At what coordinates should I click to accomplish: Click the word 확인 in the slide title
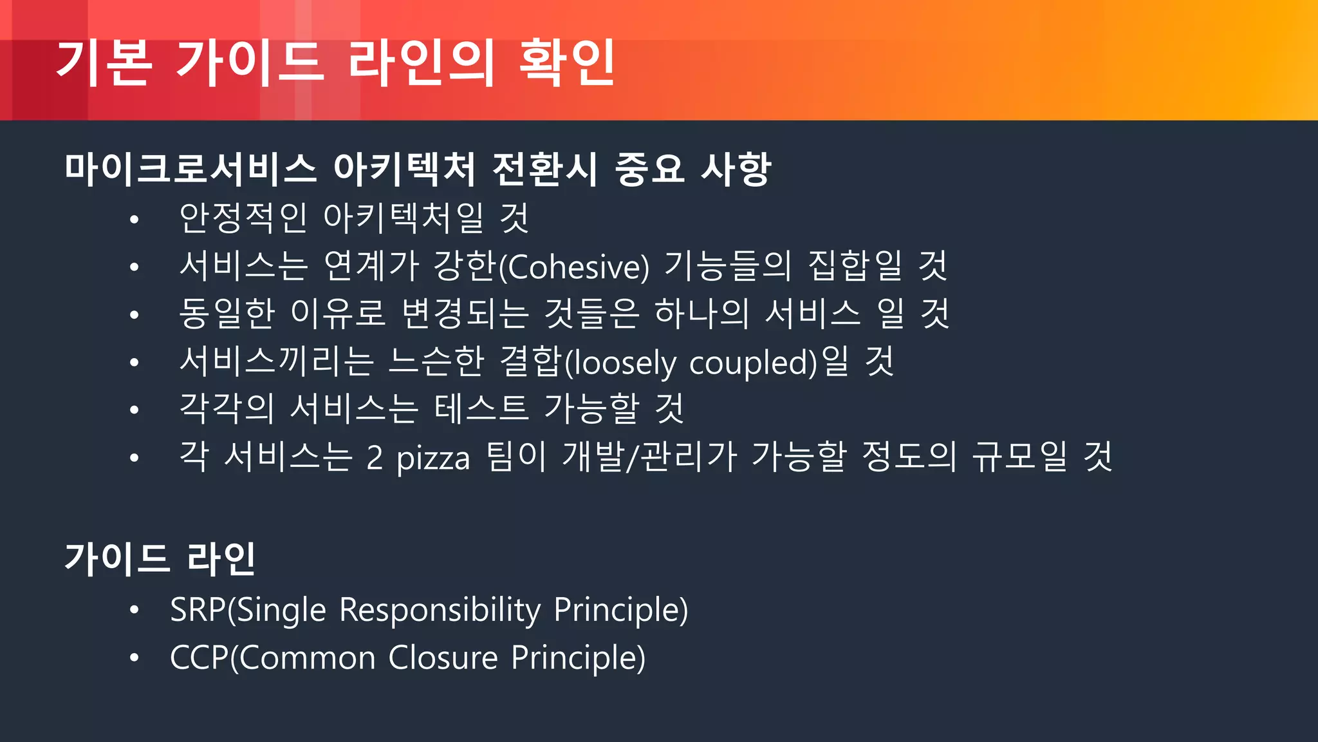(x=566, y=62)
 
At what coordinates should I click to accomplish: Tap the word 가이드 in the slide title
(x=248, y=62)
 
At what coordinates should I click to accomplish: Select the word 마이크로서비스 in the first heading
(x=190, y=169)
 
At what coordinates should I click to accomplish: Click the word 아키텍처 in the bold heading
(x=404, y=169)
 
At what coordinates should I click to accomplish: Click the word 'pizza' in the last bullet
(x=433, y=458)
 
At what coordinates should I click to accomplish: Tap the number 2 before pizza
(x=375, y=458)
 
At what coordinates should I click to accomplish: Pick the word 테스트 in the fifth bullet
(x=481, y=410)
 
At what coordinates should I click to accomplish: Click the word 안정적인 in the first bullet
(x=243, y=218)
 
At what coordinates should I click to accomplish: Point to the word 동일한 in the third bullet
(x=227, y=314)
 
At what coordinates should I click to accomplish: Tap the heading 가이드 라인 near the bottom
(x=160, y=558)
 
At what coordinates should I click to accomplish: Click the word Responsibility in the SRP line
(x=440, y=609)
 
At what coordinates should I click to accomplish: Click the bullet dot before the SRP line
(x=134, y=609)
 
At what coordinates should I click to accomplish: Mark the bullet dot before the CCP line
(x=134, y=658)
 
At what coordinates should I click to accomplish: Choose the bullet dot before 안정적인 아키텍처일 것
(x=134, y=220)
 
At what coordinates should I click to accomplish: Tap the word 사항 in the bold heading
(x=735, y=169)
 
